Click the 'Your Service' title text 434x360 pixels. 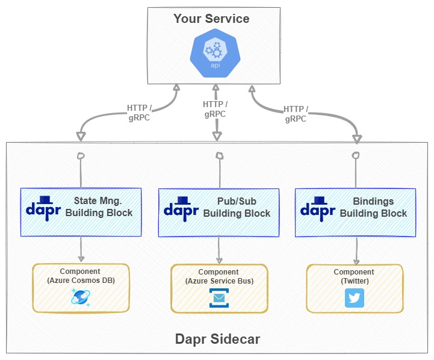[211, 19]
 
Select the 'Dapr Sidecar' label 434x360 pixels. [217, 339]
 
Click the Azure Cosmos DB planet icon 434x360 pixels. [81, 297]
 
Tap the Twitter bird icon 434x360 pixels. [355, 298]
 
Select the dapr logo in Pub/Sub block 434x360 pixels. [182, 206]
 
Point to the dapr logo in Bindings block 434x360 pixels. [318, 206]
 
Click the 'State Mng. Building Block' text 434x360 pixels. [99, 206]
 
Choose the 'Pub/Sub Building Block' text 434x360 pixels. [237, 207]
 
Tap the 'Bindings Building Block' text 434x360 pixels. [373, 207]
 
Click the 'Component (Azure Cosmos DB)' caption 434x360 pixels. [80, 276]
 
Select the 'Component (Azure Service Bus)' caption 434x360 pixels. [219, 276]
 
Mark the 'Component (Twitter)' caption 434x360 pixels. [354, 276]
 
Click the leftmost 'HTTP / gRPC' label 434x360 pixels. [139, 113]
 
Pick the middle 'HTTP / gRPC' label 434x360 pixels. [215, 109]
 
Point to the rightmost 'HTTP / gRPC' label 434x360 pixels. [296, 114]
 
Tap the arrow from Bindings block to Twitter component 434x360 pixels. [356, 250]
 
